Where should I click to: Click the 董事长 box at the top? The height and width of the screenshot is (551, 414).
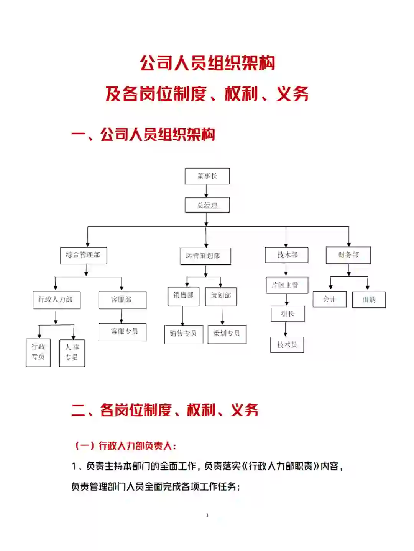click(x=207, y=176)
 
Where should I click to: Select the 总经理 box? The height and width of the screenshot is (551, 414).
click(x=207, y=205)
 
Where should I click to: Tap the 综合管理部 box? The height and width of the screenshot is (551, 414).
click(x=83, y=255)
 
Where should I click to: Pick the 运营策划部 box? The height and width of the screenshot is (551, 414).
click(x=205, y=256)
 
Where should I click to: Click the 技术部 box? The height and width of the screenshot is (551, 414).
click(x=286, y=255)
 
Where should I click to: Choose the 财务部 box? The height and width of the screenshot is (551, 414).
click(x=348, y=255)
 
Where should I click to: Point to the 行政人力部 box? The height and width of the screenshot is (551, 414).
click(x=56, y=300)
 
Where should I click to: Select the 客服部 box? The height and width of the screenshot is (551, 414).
click(x=122, y=300)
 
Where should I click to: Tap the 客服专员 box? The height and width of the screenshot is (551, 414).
click(x=122, y=332)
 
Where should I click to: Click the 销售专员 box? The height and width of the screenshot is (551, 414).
click(x=184, y=334)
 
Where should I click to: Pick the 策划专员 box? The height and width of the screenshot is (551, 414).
click(x=227, y=334)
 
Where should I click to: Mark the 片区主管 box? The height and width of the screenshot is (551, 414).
click(x=287, y=285)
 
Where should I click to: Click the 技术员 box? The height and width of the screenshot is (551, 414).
click(x=287, y=345)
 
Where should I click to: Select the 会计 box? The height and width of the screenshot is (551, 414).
click(x=329, y=299)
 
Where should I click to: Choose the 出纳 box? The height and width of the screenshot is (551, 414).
click(x=369, y=300)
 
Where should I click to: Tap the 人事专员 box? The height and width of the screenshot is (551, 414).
click(x=72, y=353)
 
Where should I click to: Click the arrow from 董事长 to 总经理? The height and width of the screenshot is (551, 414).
click(x=206, y=191)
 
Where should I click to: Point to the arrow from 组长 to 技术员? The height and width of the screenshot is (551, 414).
click(x=286, y=329)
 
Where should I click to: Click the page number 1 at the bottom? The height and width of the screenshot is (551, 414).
click(x=207, y=515)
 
